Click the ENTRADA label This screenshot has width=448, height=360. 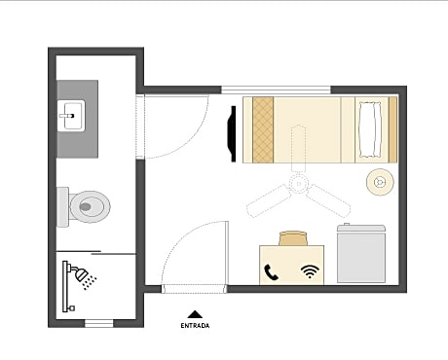pos(195,326)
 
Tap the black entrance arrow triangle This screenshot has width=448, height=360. pos(195,314)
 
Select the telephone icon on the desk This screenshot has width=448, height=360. pos(271,272)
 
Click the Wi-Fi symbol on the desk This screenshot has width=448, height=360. pos(310,271)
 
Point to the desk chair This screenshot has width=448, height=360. pos(293,238)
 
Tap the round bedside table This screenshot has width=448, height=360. pos(380,182)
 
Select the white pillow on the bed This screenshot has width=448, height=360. pos(370,130)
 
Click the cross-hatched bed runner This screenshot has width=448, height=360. pos(263,129)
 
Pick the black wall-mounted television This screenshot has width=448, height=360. pos(232,133)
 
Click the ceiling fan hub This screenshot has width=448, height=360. pos(298,184)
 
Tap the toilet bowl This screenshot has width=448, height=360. pos(90,206)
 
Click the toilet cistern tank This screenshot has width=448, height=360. pos(62,207)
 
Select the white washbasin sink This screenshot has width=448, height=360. pos(71,116)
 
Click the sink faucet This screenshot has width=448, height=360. pos(67,116)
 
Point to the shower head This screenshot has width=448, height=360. pos(81,274)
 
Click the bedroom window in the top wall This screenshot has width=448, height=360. pos(276,90)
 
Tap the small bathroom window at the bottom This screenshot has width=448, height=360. pos(99,323)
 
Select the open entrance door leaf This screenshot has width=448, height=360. pos(227,255)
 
